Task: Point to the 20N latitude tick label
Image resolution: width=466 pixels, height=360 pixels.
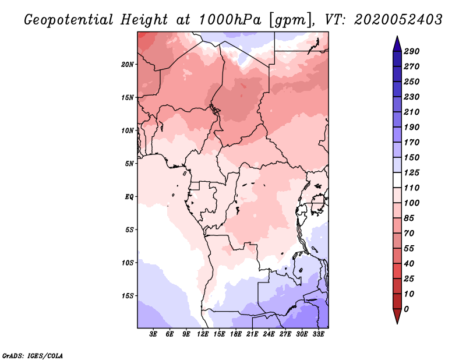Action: [128, 64]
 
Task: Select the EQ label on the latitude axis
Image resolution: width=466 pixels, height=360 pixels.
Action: [129, 196]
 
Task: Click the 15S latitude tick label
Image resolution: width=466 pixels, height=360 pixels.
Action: [128, 296]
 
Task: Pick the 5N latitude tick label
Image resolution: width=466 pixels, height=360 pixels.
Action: [129, 164]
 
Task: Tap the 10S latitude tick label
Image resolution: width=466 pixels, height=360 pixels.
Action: [128, 263]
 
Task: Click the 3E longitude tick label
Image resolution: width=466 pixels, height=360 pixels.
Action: [154, 334]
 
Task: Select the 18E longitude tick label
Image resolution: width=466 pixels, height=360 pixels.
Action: [236, 334]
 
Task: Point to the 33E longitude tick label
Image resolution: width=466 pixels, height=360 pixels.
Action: [318, 334]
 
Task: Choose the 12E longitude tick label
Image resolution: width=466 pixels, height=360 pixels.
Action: [203, 334]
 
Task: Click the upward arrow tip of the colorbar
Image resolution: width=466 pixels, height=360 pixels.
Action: [397, 38]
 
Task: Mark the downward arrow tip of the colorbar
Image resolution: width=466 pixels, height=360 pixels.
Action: [397, 322]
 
